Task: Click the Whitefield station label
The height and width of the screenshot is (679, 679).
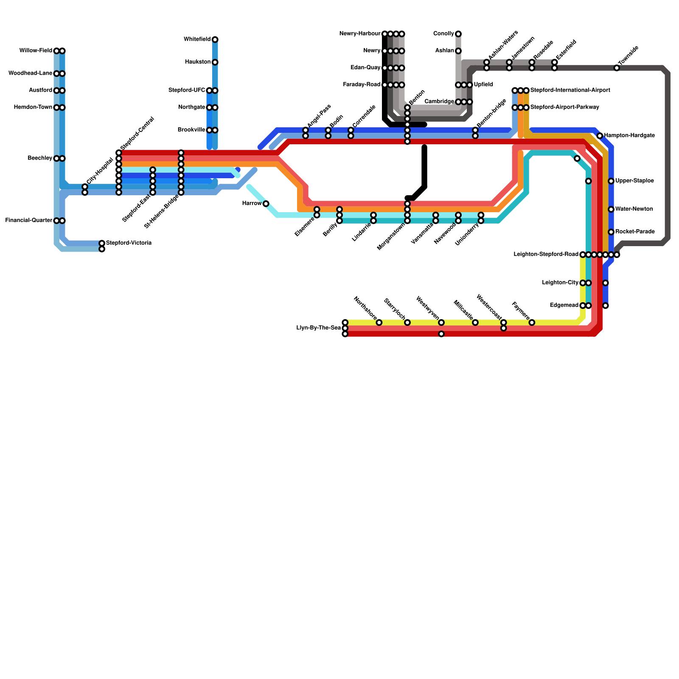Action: (197, 39)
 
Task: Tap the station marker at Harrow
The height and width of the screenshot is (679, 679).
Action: (266, 204)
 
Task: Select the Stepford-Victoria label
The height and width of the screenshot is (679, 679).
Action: (129, 243)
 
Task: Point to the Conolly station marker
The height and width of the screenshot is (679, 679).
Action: (458, 34)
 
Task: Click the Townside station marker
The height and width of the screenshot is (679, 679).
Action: (617, 68)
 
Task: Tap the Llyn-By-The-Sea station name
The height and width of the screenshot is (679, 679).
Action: (319, 328)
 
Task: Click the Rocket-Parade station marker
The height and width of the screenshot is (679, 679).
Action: (611, 232)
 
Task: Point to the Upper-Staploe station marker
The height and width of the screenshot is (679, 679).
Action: (611, 181)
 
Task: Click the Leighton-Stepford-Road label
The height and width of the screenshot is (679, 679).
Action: (546, 255)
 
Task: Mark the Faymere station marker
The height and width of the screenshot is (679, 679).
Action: (532, 323)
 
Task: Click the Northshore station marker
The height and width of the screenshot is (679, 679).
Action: (379, 323)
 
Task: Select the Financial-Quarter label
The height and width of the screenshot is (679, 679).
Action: (28, 221)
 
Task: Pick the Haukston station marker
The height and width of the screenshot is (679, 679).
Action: (215, 62)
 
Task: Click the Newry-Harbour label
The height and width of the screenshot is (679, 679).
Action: (360, 34)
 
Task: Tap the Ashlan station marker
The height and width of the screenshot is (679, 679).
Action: (458, 51)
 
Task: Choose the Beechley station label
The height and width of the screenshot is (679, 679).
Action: (40, 158)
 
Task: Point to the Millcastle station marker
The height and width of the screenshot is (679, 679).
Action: (475, 323)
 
